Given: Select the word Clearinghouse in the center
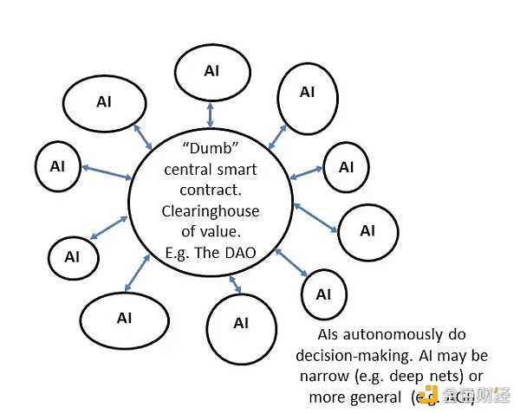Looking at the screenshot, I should point(211,210).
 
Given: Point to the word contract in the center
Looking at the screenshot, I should point(211,190).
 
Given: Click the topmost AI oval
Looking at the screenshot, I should point(211,71).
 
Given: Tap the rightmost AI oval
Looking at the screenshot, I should point(367,230).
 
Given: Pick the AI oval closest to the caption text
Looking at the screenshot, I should point(322,294).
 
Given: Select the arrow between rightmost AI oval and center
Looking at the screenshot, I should point(316,218).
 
